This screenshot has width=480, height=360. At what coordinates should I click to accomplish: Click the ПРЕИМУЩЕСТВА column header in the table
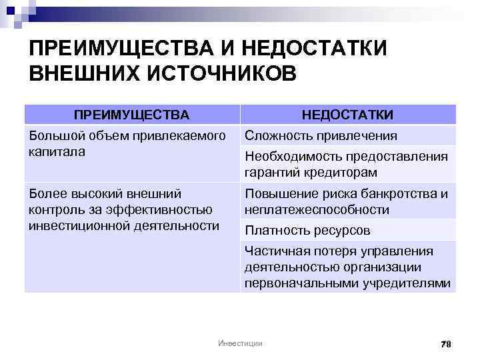(x=131, y=115)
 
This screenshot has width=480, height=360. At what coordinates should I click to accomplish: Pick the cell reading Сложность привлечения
(x=321, y=136)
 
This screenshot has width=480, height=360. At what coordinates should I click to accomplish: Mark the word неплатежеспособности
(x=317, y=209)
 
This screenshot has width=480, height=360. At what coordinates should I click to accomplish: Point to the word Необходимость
(x=287, y=157)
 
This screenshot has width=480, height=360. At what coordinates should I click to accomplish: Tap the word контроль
(x=51, y=210)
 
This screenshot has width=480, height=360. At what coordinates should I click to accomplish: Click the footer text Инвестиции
(x=240, y=343)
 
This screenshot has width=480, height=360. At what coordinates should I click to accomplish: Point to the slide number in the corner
(x=446, y=343)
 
